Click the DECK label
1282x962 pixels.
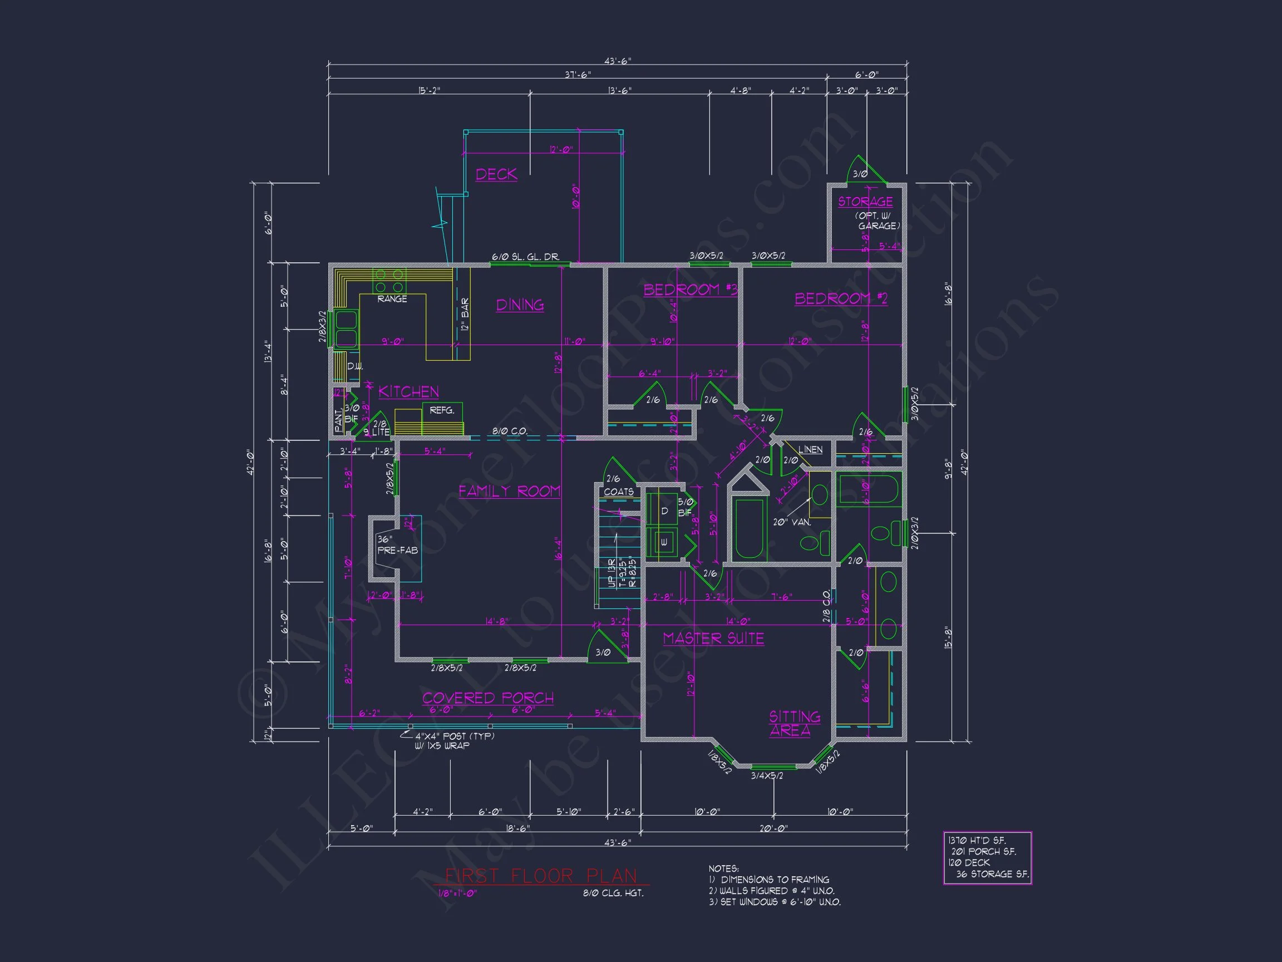point(496,175)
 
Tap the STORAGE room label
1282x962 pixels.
point(865,202)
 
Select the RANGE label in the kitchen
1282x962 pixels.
point(392,299)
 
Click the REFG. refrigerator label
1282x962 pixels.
point(442,410)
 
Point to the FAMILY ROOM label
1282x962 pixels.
point(509,492)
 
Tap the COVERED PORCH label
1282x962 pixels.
point(487,698)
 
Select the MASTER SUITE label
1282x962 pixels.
point(713,639)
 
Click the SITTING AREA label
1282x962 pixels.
point(794,724)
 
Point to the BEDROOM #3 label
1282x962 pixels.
point(691,289)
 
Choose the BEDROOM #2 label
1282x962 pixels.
point(840,298)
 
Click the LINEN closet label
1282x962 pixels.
point(810,449)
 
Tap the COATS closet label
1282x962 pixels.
point(618,492)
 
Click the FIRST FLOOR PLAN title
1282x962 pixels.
point(541,876)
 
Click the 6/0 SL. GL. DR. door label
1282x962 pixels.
point(525,256)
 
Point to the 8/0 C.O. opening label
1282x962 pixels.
point(510,431)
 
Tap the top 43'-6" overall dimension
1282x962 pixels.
point(617,61)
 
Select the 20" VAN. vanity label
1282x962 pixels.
point(791,522)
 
